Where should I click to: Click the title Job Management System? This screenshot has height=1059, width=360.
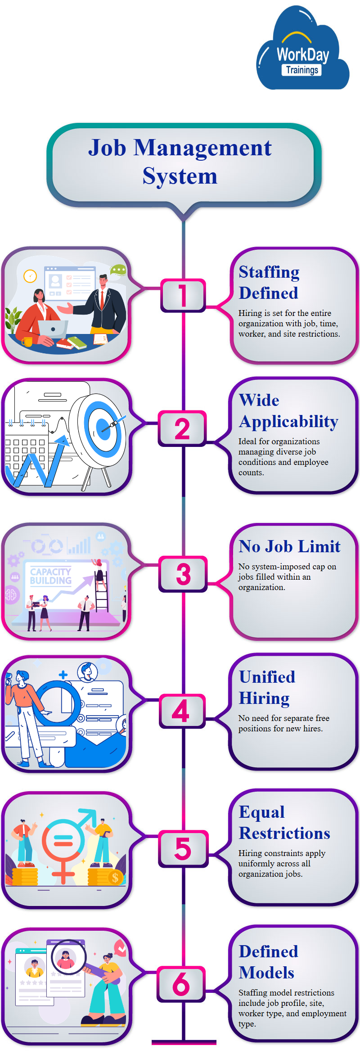coord(180,162)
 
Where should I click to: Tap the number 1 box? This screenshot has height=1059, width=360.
coord(183,295)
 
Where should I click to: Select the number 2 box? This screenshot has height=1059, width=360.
coord(182,428)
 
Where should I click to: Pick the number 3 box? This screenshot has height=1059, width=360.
coord(183,574)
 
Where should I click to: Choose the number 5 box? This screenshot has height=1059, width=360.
coord(183,848)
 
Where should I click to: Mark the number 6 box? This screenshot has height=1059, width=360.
coord(181,984)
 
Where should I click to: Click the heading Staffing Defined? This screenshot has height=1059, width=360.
coord(269,282)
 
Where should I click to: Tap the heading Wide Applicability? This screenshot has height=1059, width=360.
coord(288,410)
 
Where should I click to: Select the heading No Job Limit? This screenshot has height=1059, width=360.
coord(289,546)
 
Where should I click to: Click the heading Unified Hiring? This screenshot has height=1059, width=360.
coord(267,687)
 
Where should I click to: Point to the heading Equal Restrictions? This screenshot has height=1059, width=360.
coord(284,822)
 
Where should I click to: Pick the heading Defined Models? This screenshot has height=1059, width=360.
coord(268,962)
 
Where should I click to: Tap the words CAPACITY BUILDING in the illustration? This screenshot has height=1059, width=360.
coord(51,576)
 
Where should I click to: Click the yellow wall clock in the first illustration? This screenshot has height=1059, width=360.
coord(30,276)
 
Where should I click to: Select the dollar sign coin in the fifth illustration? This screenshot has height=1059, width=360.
coord(115,877)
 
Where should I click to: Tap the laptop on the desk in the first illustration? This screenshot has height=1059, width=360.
coord(53,329)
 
